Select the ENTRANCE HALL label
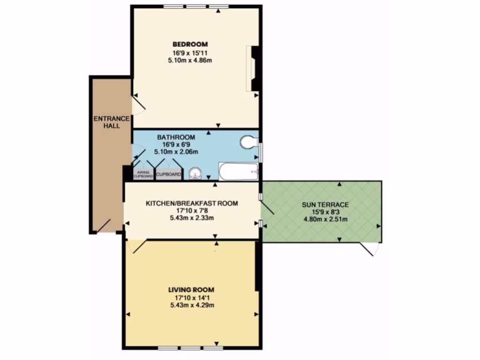(x=111, y=122)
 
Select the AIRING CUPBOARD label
(x=143, y=174)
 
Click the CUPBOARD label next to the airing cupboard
(x=168, y=174)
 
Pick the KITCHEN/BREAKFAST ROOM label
(x=192, y=203)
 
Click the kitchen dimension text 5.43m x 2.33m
(x=192, y=218)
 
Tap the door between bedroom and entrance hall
(x=138, y=104)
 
